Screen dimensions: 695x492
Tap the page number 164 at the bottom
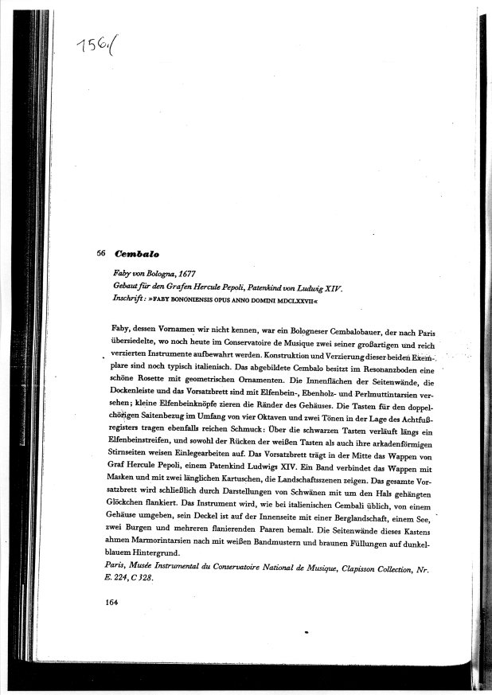(x=113, y=626)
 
